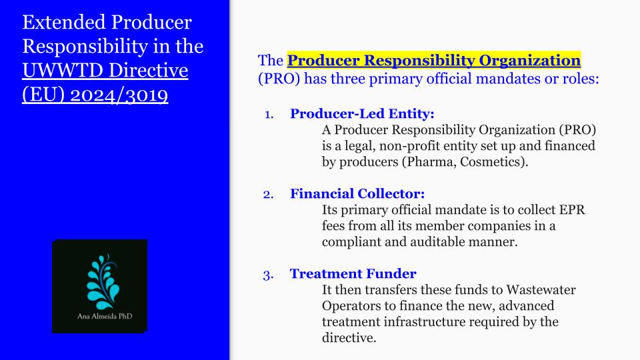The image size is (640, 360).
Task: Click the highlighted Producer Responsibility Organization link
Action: (433, 61)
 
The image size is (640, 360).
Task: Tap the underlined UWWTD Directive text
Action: (105, 70)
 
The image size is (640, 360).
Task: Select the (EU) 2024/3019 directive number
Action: (95, 95)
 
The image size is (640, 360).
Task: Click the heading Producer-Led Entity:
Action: (362, 113)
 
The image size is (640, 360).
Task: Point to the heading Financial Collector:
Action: (357, 193)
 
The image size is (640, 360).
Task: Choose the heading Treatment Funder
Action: (353, 273)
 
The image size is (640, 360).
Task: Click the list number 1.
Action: (269, 115)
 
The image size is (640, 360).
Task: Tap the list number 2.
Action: (268, 195)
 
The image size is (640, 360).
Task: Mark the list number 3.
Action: (268, 275)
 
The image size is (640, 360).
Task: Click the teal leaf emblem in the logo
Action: (103, 282)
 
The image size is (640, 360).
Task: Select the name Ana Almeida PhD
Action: (105, 316)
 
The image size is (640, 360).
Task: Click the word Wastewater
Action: (541, 290)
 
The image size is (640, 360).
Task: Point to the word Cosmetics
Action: (492, 162)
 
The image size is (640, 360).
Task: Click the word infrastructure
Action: (414, 321)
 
